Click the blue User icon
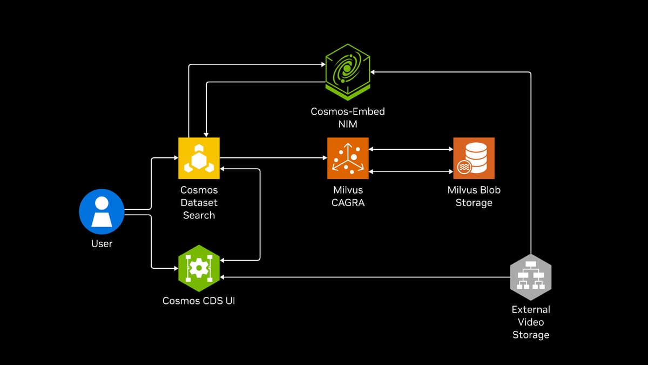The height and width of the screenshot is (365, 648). click(x=102, y=211)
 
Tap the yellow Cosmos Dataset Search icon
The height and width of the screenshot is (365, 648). click(x=199, y=158)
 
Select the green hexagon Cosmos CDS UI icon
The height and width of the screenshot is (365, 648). click(x=199, y=268)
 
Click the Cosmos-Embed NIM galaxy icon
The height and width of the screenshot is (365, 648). click(x=348, y=72)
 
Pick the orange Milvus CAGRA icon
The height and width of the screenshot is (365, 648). click(x=348, y=158)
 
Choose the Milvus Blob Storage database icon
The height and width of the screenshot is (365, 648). click(x=474, y=158)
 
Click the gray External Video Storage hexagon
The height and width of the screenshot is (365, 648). click(x=531, y=277)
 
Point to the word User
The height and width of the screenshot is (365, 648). click(x=102, y=244)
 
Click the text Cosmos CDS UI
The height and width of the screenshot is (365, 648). click(x=199, y=301)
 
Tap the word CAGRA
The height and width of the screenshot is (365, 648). click(x=348, y=203)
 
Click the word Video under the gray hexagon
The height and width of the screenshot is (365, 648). click(x=531, y=322)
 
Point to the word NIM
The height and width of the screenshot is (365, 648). click(x=348, y=124)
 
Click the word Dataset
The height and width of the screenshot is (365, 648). click(x=199, y=203)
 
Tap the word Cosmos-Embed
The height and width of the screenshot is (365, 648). click(x=348, y=111)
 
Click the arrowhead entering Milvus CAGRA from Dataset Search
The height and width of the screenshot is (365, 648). click(x=325, y=158)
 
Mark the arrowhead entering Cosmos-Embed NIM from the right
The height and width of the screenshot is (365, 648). click(x=373, y=72)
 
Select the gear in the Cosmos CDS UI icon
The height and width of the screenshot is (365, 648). click(x=199, y=268)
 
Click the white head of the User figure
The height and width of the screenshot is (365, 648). click(x=102, y=203)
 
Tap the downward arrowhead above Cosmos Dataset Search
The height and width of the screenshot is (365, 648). click(x=206, y=135)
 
